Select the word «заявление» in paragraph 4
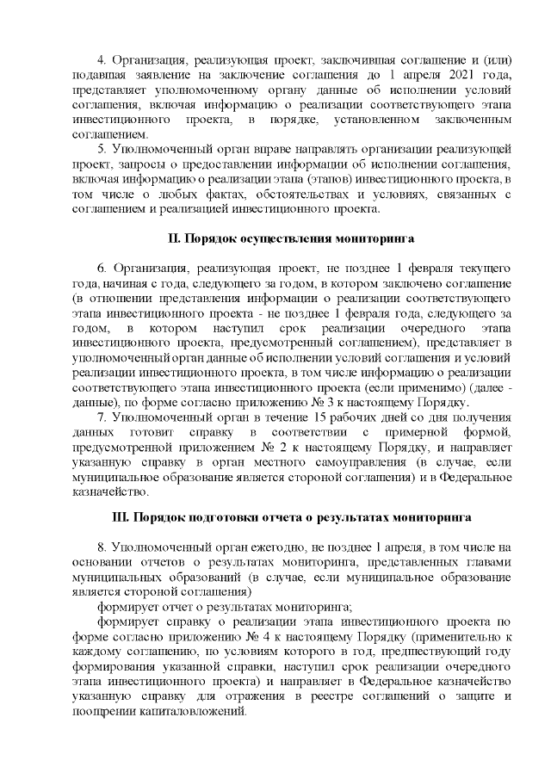pos(139,75)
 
